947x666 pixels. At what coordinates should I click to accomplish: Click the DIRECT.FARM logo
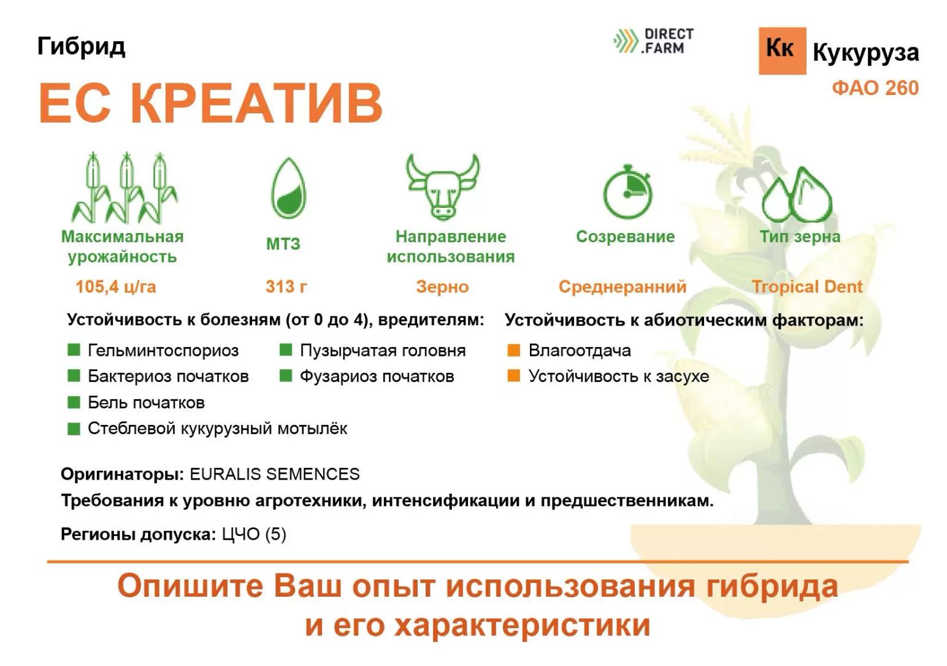coord(654,41)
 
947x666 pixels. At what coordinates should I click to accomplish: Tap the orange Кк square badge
coord(782,50)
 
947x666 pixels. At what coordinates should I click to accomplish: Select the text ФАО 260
coord(875,88)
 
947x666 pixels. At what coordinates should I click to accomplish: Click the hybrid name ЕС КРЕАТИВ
coord(210,103)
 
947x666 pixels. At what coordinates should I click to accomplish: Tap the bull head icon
coord(442,186)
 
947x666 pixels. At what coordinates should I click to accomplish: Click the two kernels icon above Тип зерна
coord(797,195)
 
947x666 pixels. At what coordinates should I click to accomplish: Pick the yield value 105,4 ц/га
coord(115,286)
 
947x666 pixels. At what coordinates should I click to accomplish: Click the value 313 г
coord(286,286)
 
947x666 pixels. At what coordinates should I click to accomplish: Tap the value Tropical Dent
coord(807,286)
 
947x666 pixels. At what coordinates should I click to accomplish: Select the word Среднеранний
coord(622,286)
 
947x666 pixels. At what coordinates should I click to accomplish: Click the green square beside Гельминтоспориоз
coord(74,350)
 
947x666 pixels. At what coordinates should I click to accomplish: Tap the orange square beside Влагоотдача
coord(514,350)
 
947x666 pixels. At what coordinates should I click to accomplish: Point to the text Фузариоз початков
coord(377,376)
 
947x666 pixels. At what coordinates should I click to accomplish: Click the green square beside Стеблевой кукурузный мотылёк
coord(74,428)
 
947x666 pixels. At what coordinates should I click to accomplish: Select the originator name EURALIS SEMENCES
coord(274,474)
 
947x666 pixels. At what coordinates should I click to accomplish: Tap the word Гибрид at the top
coord(81,46)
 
